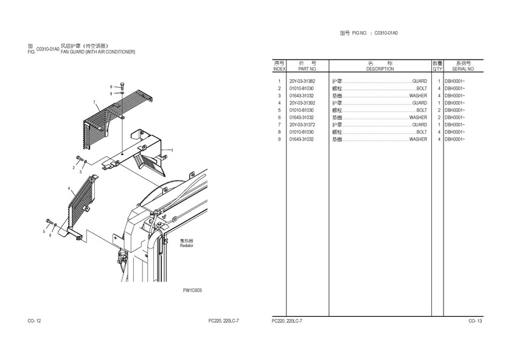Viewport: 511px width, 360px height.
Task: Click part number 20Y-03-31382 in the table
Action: (302, 81)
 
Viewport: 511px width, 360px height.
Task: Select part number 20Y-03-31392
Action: (302, 103)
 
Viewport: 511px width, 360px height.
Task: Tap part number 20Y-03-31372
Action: (302, 125)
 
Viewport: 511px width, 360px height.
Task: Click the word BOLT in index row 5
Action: (421, 110)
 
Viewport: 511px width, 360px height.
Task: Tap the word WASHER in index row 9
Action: (418, 139)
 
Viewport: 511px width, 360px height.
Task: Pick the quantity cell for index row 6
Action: (439, 117)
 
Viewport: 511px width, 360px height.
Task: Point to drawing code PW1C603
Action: (192, 291)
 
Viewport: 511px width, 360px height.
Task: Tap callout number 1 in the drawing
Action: (172, 150)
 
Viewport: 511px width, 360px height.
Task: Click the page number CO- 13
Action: (474, 320)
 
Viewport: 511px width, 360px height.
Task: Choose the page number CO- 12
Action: (34, 320)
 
